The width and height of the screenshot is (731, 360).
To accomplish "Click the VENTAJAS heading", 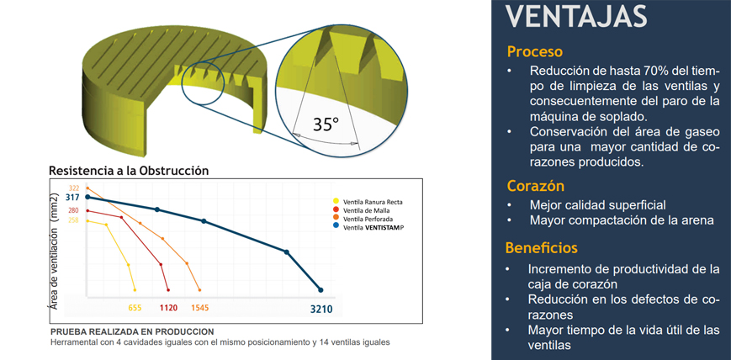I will [x=577, y=16].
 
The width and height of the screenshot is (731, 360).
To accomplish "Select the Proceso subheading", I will [x=534, y=50].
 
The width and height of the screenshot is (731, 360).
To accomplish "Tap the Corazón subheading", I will [x=535, y=185].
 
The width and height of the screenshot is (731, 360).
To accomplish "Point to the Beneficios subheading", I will [x=541, y=248].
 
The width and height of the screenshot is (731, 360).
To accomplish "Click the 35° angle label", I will [x=326, y=124].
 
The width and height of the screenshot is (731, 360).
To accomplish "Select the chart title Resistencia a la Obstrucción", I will [x=129, y=171].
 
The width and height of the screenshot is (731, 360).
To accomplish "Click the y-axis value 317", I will [x=73, y=198].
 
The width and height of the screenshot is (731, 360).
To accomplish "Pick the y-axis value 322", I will [x=74, y=188].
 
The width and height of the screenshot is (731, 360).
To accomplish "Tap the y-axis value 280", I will [x=73, y=210].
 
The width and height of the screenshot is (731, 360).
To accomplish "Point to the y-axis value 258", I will [x=73, y=220].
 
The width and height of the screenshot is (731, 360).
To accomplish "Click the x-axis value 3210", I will [x=321, y=309].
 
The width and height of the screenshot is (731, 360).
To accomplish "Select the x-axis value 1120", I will [x=168, y=308].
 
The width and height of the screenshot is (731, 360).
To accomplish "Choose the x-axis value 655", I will [x=135, y=308].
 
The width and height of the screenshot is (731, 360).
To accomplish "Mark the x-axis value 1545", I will [x=199, y=308].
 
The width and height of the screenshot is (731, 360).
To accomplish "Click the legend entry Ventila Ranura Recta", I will [x=373, y=201].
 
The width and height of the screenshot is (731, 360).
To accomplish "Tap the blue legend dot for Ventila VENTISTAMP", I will [x=336, y=226].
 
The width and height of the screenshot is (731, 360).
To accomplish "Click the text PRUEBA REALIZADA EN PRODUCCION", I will [x=132, y=332].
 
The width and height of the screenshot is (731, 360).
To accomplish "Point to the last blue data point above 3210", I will [x=320, y=290].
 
